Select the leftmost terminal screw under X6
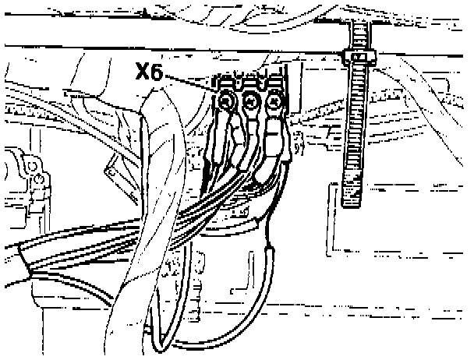[227, 100]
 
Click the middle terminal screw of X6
[250, 101]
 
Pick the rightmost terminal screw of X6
[274, 101]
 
